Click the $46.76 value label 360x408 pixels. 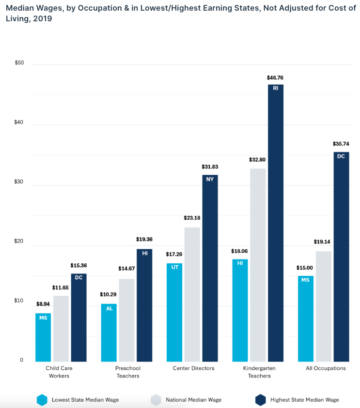(275, 77)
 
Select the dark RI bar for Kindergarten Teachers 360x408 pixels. (275, 223)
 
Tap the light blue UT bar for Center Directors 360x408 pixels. (174, 312)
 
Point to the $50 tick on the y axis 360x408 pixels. (19, 63)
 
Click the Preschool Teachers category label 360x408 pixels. (127, 372)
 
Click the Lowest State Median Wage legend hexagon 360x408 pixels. (42, 400)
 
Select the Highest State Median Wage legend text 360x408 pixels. (304, 400)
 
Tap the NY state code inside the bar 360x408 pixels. (210, 179)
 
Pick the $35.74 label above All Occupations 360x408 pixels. (341, 144)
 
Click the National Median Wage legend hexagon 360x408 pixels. (156, 400)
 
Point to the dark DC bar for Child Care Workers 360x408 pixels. (78, 317)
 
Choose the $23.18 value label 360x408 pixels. (192, 218)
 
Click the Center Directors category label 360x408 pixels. (193, 368)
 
